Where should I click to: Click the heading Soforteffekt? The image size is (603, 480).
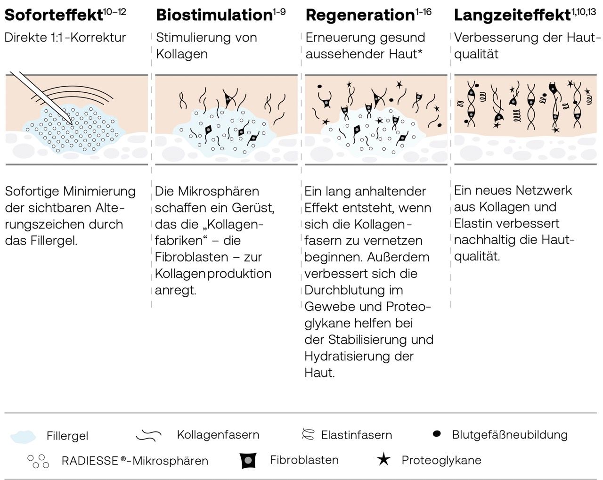[53, 15]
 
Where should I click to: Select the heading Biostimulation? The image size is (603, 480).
[214, 15]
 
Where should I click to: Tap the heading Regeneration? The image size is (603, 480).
[359, 15]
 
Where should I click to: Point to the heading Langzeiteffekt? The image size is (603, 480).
[512, 15]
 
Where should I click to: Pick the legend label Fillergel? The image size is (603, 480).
[67, 436]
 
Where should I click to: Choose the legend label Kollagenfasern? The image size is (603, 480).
[218, 434]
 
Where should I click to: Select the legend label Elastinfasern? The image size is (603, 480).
[356, 435]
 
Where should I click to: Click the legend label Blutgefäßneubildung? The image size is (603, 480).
[510, 434]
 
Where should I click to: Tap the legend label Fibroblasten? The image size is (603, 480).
[304, 460]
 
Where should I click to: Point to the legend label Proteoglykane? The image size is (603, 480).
[441, 460]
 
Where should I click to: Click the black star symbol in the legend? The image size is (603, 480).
[384, 459]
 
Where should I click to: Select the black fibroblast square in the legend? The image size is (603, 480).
[248, 460]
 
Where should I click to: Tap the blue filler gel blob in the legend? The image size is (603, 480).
[23, 436]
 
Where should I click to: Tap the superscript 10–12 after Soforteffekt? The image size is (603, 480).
[114, 11]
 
